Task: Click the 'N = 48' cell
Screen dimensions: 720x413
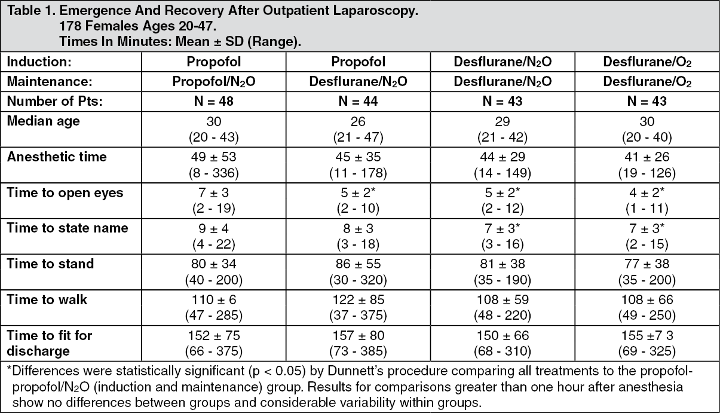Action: pos(214,101)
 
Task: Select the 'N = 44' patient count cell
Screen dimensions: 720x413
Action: pos(358,101)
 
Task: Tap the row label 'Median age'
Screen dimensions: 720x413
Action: pos(44,121)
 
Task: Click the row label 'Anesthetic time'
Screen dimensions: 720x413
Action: pos(57,157)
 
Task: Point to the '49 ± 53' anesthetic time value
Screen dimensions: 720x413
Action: pos(214,157)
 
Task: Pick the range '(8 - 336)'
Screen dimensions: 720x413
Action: pos(214,173)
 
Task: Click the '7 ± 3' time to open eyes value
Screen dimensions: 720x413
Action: pos(214,192)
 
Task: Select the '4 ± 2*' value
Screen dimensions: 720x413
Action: pos(647,192)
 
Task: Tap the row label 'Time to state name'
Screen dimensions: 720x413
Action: pos(68,228)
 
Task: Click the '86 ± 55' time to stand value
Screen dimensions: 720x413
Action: pos(358,264)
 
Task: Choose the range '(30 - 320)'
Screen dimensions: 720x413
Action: pos(358,280)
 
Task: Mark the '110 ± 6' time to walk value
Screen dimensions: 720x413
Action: pos(214,299)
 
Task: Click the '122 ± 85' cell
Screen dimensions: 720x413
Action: pos(358,299)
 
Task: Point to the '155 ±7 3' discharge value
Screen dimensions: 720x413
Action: pos(647,335)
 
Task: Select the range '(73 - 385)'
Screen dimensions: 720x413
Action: pos(358,351)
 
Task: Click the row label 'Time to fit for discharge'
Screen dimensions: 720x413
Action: pos(50,343)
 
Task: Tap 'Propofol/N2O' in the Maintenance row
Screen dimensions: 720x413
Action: pos(214,82)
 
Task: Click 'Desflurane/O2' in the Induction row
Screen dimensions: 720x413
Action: pos(647,62)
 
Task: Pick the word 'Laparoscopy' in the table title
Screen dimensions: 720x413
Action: pos(375,11)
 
